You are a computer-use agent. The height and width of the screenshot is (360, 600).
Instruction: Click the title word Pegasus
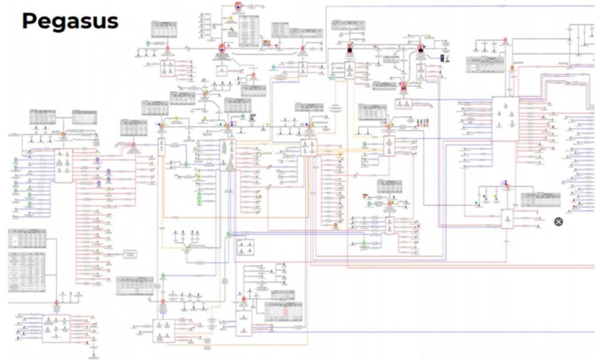pyautogui.click(x=70, y=22)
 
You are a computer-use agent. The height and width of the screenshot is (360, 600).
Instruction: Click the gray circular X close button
pyautogui.click(x=558, y=222)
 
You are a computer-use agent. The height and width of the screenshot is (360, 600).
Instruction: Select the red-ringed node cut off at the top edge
pyautogui.click(x=238, y=5)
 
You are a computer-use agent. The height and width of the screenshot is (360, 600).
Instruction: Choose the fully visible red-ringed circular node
pyautogui.click(x=222, y=48)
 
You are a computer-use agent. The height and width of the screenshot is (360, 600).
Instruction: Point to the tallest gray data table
pyautogui.click(x=27, y=272)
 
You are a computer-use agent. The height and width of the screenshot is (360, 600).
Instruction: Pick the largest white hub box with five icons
pyautogui.click(x=504, y=119)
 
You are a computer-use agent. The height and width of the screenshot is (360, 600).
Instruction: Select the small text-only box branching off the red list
pyautogui.click(x=130, y=253)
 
